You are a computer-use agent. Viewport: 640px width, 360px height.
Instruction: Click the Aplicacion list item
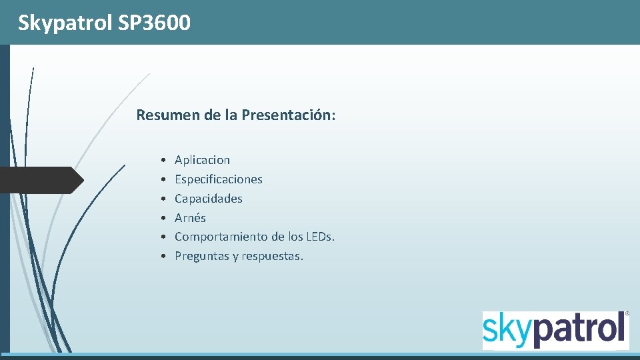point(202,160)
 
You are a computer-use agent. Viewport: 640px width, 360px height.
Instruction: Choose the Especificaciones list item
point(218,179)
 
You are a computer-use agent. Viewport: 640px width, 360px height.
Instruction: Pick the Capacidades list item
point(208,199)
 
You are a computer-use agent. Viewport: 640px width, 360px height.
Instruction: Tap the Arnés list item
point(190,218)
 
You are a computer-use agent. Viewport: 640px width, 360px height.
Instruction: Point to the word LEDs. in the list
point(321,237)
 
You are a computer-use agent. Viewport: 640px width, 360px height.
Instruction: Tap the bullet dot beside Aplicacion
point(163,161)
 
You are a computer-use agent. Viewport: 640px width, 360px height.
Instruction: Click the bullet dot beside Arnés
point(163,218)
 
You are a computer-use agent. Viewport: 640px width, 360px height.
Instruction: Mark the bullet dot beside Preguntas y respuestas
point(163,257)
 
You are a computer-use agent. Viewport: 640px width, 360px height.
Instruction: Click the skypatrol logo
point(555,330)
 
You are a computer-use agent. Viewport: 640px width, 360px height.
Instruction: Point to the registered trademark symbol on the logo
point(627,313)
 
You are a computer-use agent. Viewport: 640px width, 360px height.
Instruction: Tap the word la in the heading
point(231,115)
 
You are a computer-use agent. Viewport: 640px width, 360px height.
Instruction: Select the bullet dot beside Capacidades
point(163,199)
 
